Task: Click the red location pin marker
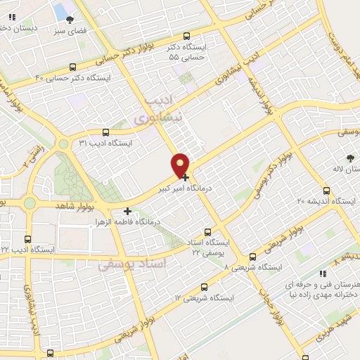(181, 165)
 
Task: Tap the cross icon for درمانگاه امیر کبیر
(185, 178)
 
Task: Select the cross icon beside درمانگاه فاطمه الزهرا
(127, 211)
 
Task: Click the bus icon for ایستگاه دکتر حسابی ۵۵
(186, 37)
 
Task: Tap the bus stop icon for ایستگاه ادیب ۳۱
(105, 131)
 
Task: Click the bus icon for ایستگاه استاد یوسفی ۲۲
(207, 231)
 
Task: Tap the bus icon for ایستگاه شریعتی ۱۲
(204, 287)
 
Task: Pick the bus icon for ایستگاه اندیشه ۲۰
(326, 191)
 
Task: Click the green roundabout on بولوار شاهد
(30, 203)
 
